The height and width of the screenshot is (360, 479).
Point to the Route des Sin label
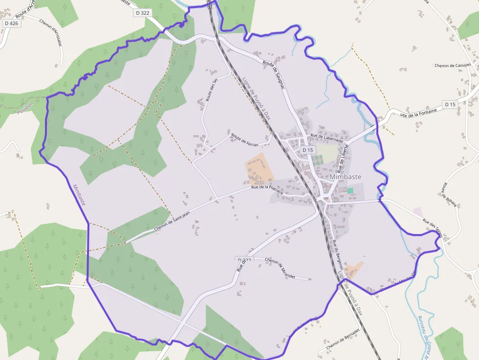(212, 90)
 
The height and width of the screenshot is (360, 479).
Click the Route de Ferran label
(244, 140)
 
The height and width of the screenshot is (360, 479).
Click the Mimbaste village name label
(346, 177)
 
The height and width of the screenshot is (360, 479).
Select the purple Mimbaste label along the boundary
(79, 194)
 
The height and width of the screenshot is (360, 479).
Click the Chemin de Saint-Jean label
(172, 220)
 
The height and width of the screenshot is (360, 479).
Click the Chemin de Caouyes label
(453, 65)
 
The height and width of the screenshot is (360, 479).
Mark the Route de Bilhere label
(450, 194)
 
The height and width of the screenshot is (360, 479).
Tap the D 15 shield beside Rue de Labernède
(307, 149)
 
